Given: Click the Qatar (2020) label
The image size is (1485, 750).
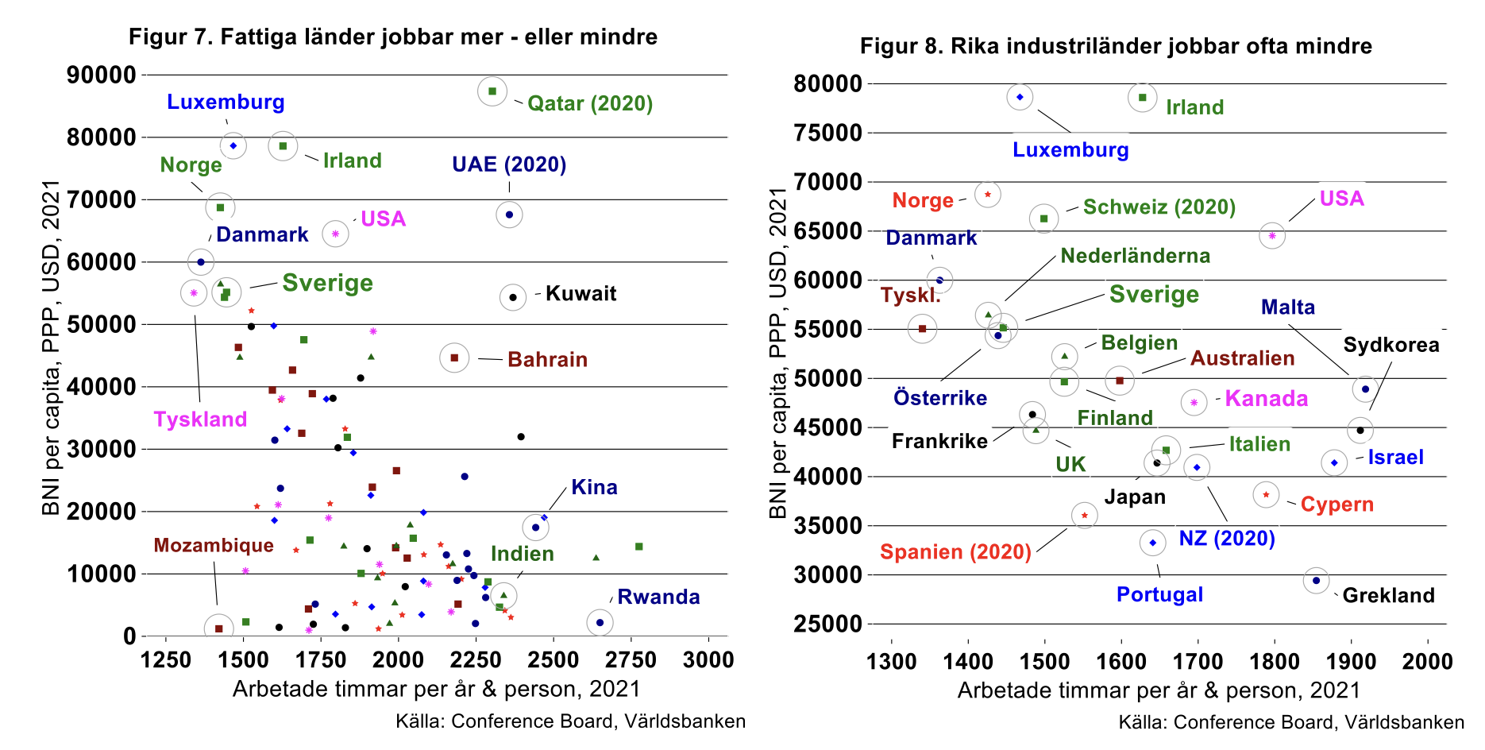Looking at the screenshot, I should click(x=589, y=103).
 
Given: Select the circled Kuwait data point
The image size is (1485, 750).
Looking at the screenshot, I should click(x=513, y=298).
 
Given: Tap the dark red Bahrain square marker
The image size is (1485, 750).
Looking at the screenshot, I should click(x=454, y=358).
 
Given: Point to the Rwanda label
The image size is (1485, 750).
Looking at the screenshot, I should click(x=658, y=597).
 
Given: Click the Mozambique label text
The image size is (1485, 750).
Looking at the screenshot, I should click(x=214, y=545).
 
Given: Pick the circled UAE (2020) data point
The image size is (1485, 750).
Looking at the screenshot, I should click(x=509, y=215).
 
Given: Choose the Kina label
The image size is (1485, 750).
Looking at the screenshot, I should click(x=594, y=487).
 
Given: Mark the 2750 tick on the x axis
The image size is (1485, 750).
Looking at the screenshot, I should click(x=631, y=659).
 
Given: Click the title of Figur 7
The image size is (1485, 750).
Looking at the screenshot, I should click(x=393, y=37).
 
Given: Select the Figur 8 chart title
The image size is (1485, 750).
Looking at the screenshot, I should click(x=1116, y=45).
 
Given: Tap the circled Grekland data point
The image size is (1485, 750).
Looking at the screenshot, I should click(x=1316, y=581).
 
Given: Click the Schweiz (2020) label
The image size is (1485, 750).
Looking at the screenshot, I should click(x=1159, y=207).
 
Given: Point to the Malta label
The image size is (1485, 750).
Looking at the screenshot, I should click(x=1287, y=307).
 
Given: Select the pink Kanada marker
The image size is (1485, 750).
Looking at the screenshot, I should click(x=1194, y=403).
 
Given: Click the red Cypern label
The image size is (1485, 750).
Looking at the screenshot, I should click(x=1336, y=505).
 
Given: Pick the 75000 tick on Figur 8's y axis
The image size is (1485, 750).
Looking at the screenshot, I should click(x=827, y=133).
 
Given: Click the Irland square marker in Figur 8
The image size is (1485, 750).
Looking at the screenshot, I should click(x=1143, y=98).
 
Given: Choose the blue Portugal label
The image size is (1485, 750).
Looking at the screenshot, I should click(x=1159, y=594).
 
